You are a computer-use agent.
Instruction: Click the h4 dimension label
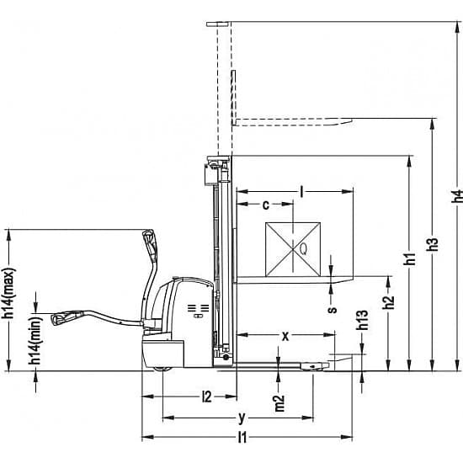(x=457, y=196)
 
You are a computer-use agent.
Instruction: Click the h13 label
(x=362, y=320)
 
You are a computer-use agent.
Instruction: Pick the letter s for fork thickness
(x=333, y=309)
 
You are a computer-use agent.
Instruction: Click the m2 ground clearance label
(x=279, y=403)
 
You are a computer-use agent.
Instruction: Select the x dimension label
(x=285, y=336)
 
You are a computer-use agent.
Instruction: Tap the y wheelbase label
(x=242, y=418)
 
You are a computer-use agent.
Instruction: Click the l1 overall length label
(x=242, y=437)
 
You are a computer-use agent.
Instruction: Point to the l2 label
(x=207, y=396)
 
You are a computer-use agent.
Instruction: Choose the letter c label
(x=266, y=205)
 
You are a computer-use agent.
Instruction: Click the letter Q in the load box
(x=303, y=249)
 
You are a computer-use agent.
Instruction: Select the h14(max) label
(x=8, y=293)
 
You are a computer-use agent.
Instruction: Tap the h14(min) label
(x=35, y=340)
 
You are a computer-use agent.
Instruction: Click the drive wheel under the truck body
(x=162, y=369)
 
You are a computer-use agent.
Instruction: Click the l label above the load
(x=301, y=192)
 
